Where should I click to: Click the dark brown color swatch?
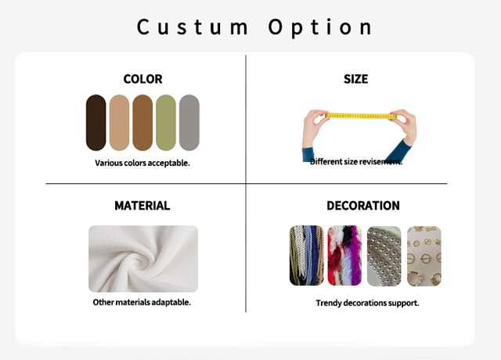(96, 123)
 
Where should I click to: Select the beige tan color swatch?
(119, 123)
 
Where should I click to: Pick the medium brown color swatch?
(142, 123)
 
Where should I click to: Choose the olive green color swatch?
(166, 123)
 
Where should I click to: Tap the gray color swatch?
(189, 123)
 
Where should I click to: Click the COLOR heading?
(142, 79)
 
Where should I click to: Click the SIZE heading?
(356, 79)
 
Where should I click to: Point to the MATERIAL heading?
(142, 205)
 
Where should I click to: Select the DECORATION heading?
(363, 205)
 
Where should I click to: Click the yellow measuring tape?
(361, 116)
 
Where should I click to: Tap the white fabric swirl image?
(143, 259)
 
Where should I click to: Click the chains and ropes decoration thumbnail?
(307, 256)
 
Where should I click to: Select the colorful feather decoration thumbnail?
(344, 256)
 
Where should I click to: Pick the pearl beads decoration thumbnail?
(384, 256)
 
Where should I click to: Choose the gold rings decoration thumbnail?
(424, 256)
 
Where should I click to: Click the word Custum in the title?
(193, 27)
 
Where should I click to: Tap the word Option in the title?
(320, 28)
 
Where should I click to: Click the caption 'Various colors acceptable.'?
(142, 163)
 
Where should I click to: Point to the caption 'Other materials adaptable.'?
(142, 302)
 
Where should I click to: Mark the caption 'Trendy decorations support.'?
(367, 303)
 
